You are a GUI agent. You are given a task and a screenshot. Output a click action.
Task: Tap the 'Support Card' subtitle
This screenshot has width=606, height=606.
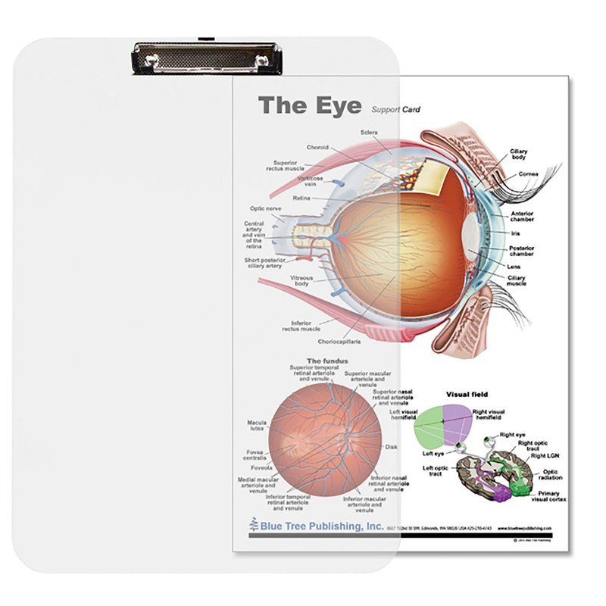395,110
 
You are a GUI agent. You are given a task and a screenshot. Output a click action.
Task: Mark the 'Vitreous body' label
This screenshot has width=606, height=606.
301,281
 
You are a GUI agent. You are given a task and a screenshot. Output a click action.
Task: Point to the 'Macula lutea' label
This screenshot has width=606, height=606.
256,426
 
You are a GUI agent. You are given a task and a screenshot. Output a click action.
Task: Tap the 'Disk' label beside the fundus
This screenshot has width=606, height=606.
391,447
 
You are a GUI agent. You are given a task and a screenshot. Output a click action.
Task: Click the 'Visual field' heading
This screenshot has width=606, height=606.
467,394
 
